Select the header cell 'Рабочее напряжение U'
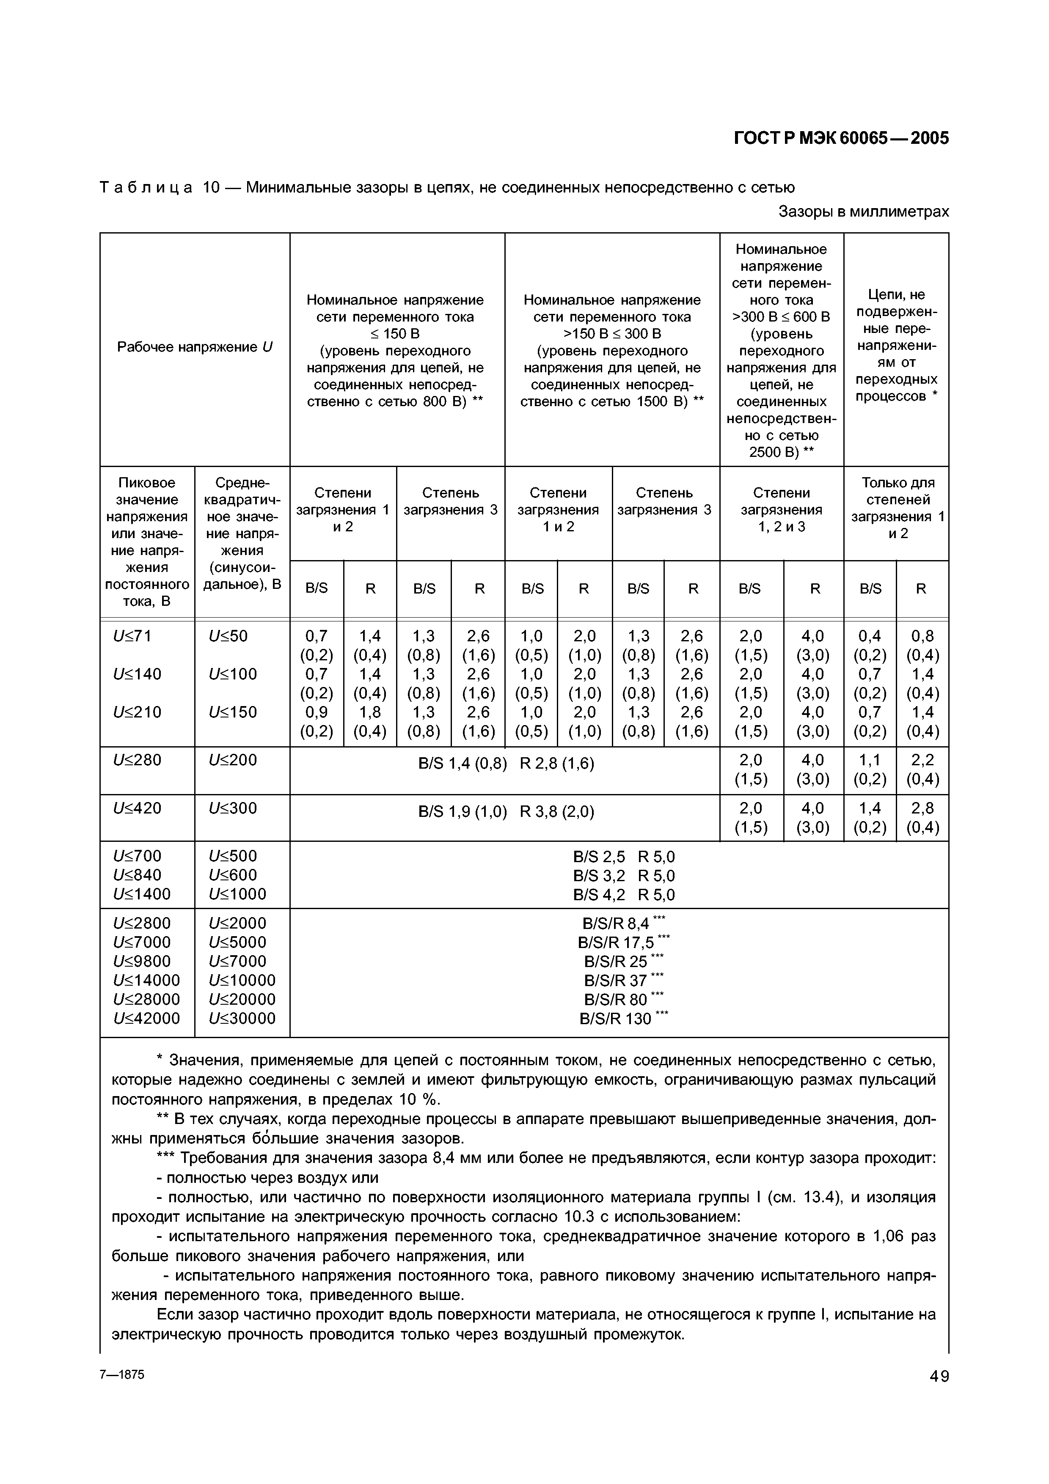pyautogui.click(x=195, y=347)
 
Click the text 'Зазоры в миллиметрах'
pyautogui.click(x=864, y=212)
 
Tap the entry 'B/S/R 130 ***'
pyautogui.click(x=623, y=1019)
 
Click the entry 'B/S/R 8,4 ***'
pyautogui.click(x=623, y=923)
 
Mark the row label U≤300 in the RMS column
pyautogui.click(x=233, y=808)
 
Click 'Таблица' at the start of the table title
pyautogui.click(x=146, y=187)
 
